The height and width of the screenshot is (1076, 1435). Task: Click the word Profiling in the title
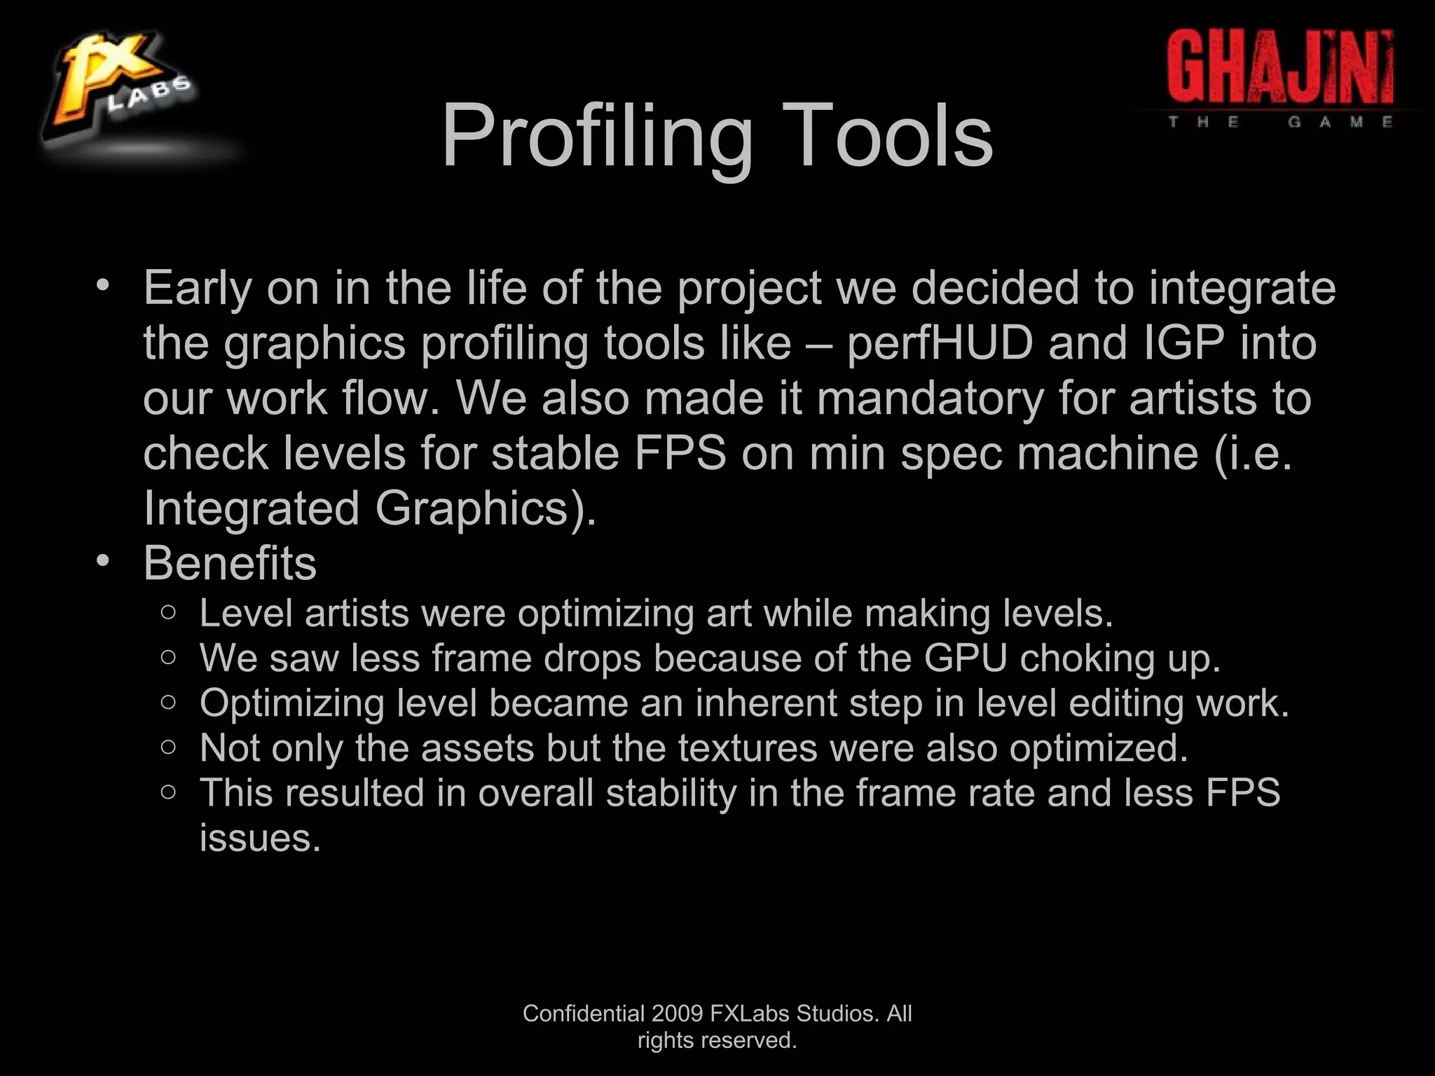point(597,137)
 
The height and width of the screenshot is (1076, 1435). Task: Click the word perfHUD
point(940,343)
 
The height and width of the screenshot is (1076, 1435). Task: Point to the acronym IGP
point(1183,343)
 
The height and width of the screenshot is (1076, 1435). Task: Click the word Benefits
point(230,563)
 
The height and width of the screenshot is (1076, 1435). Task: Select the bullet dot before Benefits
point(104,560)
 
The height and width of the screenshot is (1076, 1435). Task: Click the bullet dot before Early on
point(104,285)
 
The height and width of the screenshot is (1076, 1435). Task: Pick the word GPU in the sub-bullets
point(965,658)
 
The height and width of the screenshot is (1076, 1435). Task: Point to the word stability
point(671,793)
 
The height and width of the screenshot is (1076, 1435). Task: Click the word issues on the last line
point(260,838)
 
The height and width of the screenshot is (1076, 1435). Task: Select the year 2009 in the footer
point(677,1014)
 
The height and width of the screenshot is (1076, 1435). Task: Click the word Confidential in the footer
point(584,1014)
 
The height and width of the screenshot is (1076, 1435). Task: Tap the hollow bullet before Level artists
point(168,613)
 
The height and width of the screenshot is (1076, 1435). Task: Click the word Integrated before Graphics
point(252,509)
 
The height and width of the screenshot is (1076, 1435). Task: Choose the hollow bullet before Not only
point(168,747)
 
